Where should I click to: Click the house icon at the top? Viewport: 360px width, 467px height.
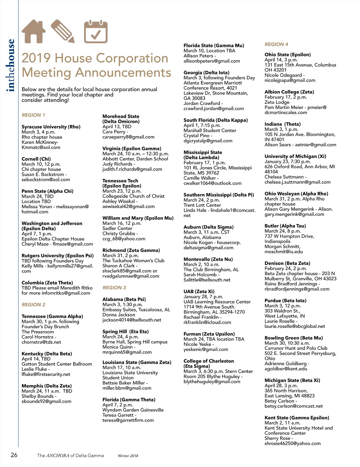click(34, 31)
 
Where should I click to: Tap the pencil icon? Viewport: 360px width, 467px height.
click(62, 31)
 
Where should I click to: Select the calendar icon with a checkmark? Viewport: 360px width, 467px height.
click(95, 31)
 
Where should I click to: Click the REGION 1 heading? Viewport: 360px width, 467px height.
click(33, 115)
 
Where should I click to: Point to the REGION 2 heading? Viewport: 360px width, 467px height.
click(33, 305)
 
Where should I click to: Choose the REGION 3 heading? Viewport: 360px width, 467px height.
click(114, 287)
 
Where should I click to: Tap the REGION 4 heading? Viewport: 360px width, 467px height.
click(276, 44)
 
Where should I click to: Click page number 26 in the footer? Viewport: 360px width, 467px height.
click(14, 455)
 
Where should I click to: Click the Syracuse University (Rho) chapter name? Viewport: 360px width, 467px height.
click(51, 127)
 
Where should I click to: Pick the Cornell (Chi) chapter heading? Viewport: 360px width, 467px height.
click(36, 159)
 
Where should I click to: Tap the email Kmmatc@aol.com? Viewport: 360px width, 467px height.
click(41, 147)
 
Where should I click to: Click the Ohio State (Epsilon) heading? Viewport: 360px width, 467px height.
click(287, 55)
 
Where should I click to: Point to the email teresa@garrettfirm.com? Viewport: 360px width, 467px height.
click(128, 420)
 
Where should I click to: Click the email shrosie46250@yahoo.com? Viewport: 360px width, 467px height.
click(292, 443)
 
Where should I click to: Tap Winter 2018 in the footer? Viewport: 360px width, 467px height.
click(128, 456)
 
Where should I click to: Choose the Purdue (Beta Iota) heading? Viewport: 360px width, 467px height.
click(285, 301)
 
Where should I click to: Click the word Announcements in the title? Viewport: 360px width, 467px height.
click(123, 73)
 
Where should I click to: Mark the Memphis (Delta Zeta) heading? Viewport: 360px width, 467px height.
click(46, 386)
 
